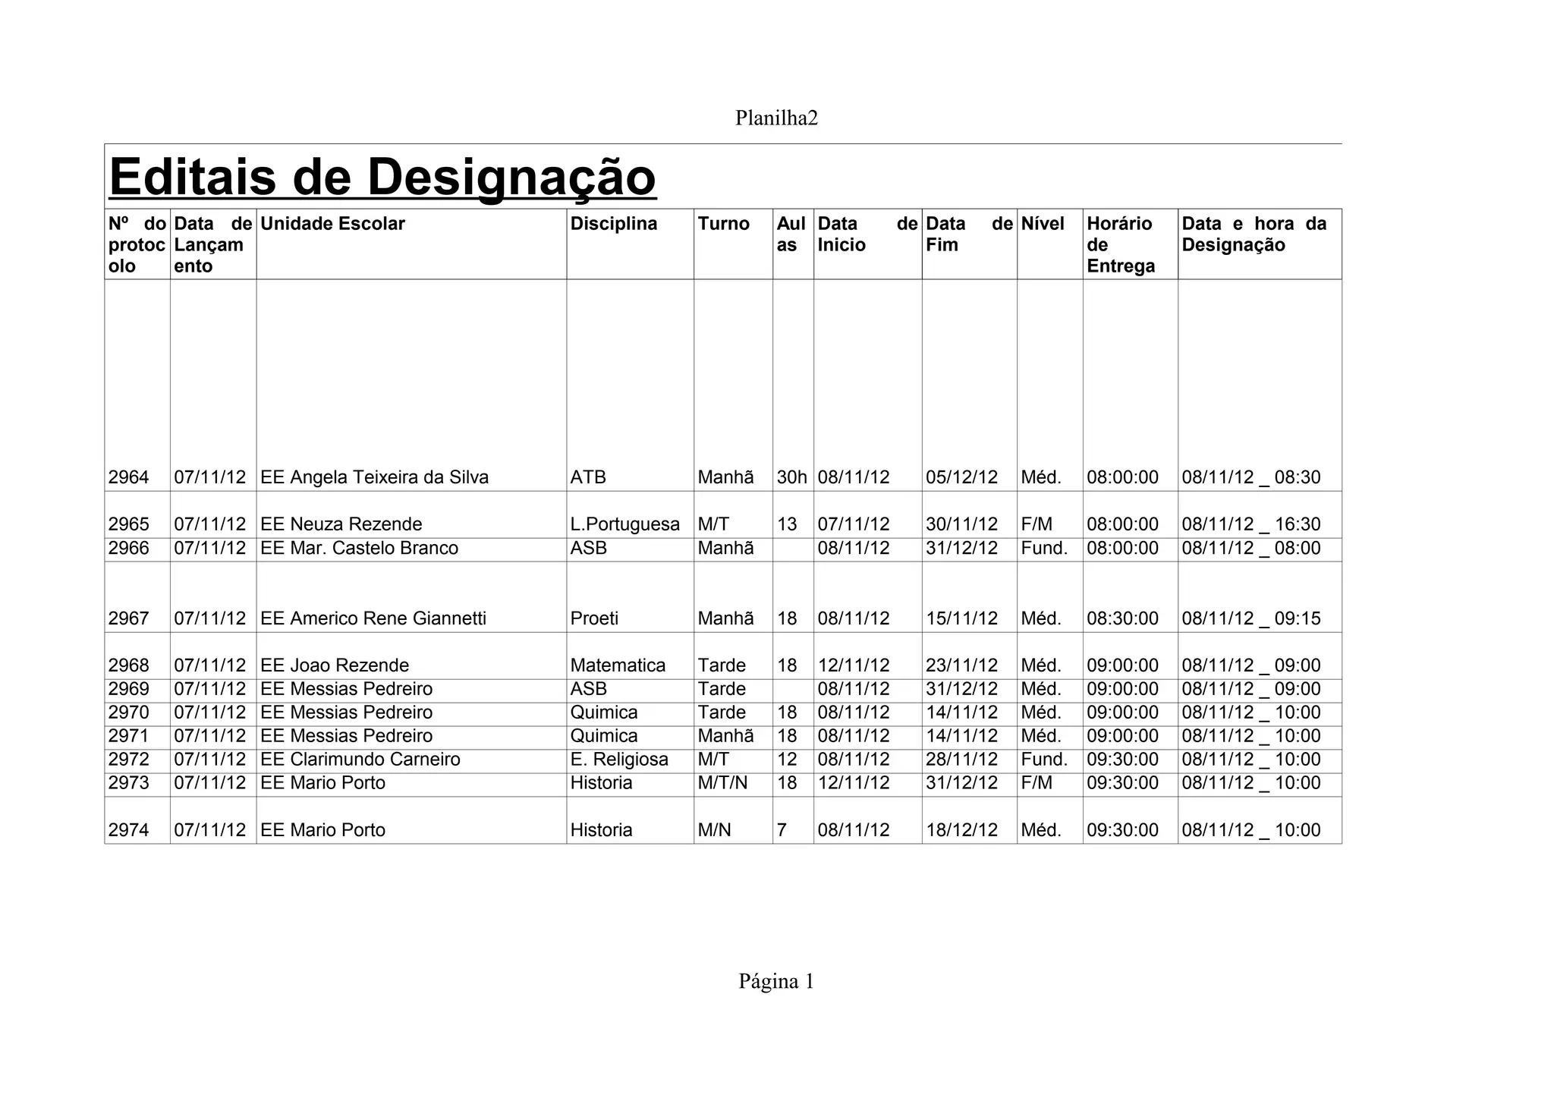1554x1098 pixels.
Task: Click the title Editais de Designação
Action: (382, 177)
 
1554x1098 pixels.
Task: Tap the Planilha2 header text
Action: (776, 118)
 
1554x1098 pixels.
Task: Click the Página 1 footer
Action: (776, 982)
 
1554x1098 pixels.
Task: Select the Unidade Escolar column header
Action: (332, 224)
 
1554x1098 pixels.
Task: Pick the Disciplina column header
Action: (613, 224)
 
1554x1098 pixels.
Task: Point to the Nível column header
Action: (1043, 224)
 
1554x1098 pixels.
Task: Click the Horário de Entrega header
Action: (1121, 244)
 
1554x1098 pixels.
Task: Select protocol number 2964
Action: (128, 477)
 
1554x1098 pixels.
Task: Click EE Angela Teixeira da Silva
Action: (374, 477)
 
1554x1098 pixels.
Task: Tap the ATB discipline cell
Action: (588, 477)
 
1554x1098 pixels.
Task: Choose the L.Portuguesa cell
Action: (624, 524)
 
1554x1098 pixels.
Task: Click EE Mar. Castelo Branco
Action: (359, 548)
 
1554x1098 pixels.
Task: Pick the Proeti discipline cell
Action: (594, 618)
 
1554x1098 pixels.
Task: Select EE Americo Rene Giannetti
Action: (373, 618)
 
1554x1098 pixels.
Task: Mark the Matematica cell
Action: (618, 665)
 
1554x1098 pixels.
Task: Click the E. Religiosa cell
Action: (619, 760)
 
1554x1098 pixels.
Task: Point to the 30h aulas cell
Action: (791, 477)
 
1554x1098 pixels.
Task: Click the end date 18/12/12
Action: (961, 830)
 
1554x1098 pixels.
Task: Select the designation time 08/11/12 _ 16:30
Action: (1250, 524)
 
